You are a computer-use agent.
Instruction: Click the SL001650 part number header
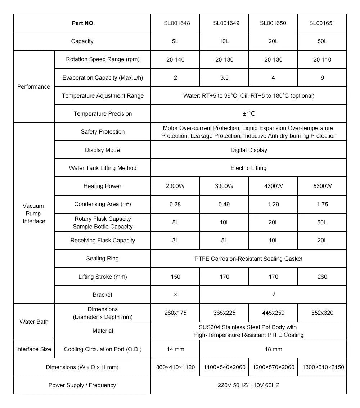click(273, 23)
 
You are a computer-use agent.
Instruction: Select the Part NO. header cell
click(83, 23)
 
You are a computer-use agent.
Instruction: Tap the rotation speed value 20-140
click(175, 60)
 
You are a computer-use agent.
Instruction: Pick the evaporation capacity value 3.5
click(224, 78)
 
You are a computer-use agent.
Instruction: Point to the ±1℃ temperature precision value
click(248, 114)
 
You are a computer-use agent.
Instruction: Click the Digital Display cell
click(249, 150)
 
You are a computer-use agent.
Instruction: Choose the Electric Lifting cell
click(248, 168)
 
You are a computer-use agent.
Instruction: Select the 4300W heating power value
click(273, 186)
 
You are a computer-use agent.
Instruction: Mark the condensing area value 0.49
click(224, 205)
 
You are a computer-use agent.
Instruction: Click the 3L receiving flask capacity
click(175, 241)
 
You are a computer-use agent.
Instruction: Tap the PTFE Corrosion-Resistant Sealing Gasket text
click(248, 259)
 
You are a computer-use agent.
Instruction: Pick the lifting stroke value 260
click(322, 277)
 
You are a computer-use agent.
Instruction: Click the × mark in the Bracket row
click(175, 295)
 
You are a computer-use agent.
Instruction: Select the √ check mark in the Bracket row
click(274, 295)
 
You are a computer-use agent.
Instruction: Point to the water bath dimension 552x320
click(322, 313)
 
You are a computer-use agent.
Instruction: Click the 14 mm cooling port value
click(175, 349)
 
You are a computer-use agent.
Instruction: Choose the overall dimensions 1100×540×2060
click(224, 367)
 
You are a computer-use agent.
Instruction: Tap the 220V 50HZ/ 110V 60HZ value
click(248, 385)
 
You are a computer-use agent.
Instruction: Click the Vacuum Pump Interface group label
click(33, 214)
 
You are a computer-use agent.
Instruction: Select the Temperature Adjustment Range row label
click(103, 96)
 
